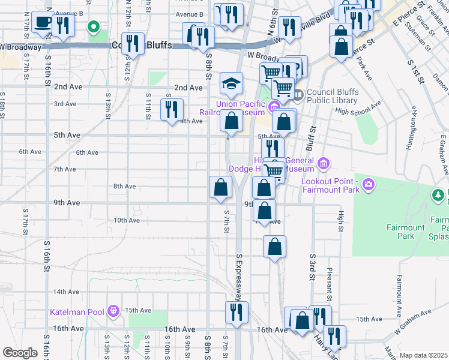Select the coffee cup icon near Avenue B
click(42, 23)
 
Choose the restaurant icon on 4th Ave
click(172, 109)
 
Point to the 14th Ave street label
click(66, 292)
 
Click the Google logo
click(20, 353)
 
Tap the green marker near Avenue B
click(94, 27)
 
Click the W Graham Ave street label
click(413, 322)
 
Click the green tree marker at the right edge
click(441, 195)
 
